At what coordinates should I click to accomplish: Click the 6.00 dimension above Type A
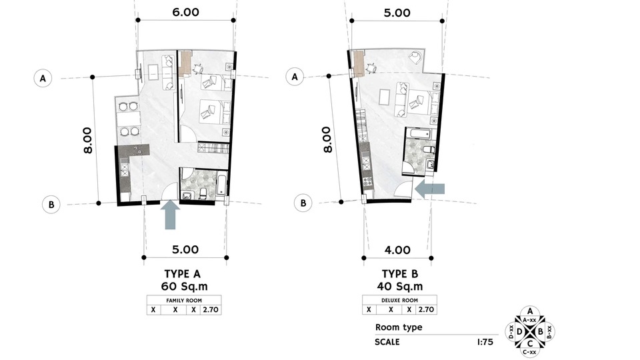(186, 12)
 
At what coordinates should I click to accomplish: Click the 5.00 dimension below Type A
(185, 249)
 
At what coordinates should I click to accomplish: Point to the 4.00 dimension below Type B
(397, 250)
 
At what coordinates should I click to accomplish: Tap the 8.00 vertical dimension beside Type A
(88, 140)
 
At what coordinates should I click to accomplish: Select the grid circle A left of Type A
(43, 78)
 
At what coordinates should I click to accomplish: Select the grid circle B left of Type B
(303, 203)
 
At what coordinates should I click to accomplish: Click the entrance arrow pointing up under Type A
(170, 216)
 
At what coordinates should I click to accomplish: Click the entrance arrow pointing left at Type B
(429, 189)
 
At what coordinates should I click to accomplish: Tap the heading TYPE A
(183, 274)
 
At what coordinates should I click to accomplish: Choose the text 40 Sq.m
(400, 287)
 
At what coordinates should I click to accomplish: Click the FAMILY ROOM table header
(184, 301)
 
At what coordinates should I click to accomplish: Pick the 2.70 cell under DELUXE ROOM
(426, 309)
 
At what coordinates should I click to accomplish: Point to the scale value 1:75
(485, 342)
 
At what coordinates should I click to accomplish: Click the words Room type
(399, 327)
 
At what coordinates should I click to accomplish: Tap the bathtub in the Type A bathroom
(221, 185)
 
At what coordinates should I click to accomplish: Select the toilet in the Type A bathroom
(204, 193)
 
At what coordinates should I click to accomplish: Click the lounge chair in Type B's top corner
(416, 55)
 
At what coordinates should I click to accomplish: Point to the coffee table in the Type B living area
(385, 97)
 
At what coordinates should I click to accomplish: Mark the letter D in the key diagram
(519, 331)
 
